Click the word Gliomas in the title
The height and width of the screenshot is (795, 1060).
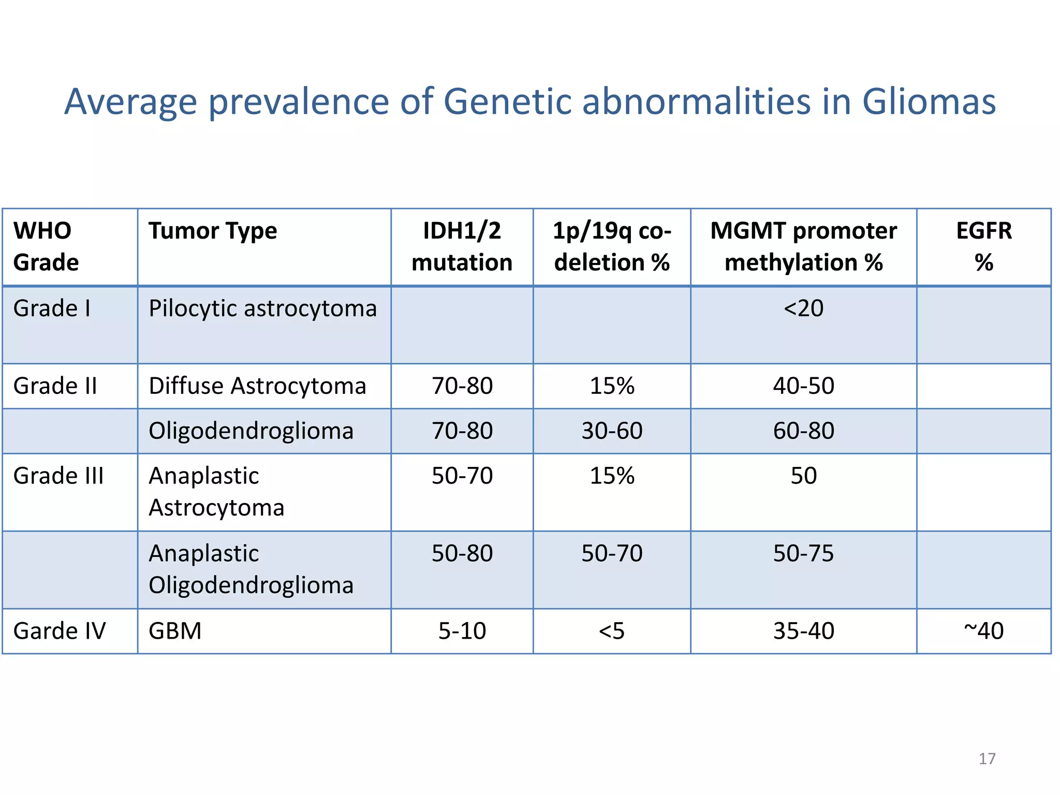tap(929, 101)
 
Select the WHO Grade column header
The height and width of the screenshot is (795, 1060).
tap(46, 246)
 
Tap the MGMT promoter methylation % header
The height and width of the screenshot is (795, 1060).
tap(803, 246)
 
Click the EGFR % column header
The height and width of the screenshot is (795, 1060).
tap(983, 246)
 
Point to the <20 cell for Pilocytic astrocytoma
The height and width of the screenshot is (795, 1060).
tap(803, 308)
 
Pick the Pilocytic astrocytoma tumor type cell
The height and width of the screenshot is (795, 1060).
tap(262, 309)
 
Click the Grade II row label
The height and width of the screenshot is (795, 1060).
tap(55, 386)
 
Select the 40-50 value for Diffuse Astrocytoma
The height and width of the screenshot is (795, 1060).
tap(803, 386)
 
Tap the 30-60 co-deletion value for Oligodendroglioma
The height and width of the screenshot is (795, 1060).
tap(612, 431)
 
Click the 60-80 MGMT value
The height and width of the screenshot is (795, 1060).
tap(803, 431)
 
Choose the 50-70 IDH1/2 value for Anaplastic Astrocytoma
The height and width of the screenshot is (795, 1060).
tap(462, 476)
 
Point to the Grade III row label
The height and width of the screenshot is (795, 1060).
tap(58, 476)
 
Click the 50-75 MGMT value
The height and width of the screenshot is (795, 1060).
tap(803, 553)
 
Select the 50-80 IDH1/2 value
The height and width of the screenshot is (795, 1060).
tap(462, 553)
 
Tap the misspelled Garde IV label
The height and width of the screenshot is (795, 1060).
tap(60, 631)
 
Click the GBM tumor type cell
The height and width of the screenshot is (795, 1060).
tap(175, 631)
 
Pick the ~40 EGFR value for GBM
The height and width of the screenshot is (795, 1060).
tap(983, 631)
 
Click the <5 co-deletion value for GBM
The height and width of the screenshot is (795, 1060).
tap(612, 631)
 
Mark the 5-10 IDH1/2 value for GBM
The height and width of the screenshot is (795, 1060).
tap(462, 631)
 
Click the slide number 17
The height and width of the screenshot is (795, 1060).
tap(987, 759)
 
